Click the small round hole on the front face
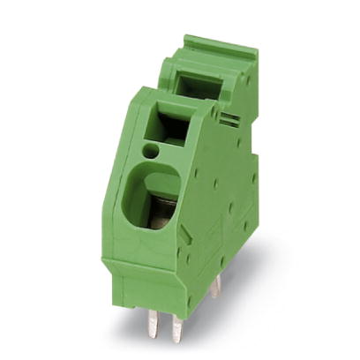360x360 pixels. point(151,152)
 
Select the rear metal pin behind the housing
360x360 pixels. point(215,284)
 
